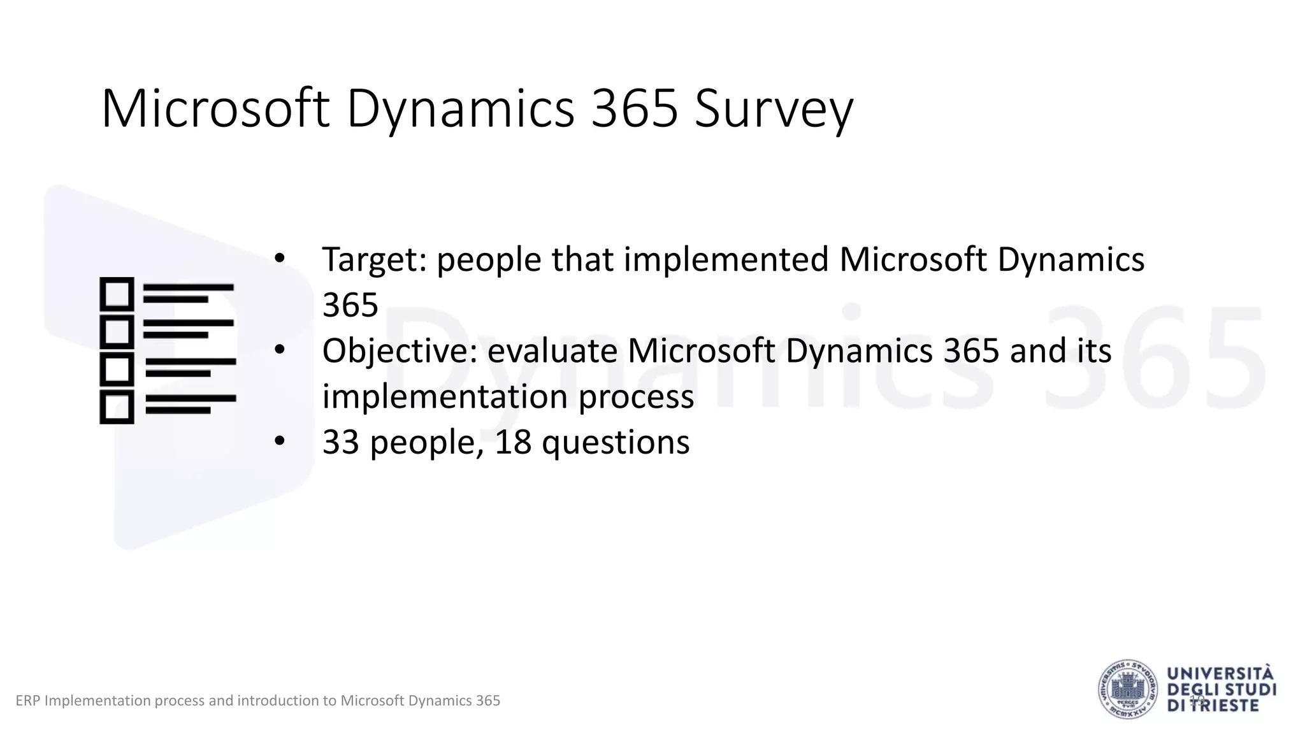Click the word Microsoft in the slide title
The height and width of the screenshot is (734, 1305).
pos(215,110)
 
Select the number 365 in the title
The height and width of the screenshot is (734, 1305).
pos(635,110)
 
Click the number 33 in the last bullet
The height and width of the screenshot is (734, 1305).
pos(342,442)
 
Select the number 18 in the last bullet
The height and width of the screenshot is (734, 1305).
pos(513,442)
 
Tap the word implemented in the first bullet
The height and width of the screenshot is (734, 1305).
pos(726,260)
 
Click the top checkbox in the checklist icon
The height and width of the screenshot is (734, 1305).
pos(117,294)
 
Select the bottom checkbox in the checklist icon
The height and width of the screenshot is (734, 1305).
pos(117,407)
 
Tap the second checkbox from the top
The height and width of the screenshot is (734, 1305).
pos(117,332)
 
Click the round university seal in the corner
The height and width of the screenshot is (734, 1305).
pos(1127,689)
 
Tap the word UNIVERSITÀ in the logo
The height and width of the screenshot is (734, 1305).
pos(1221,674)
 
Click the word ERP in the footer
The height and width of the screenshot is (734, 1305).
pos(27,701)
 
